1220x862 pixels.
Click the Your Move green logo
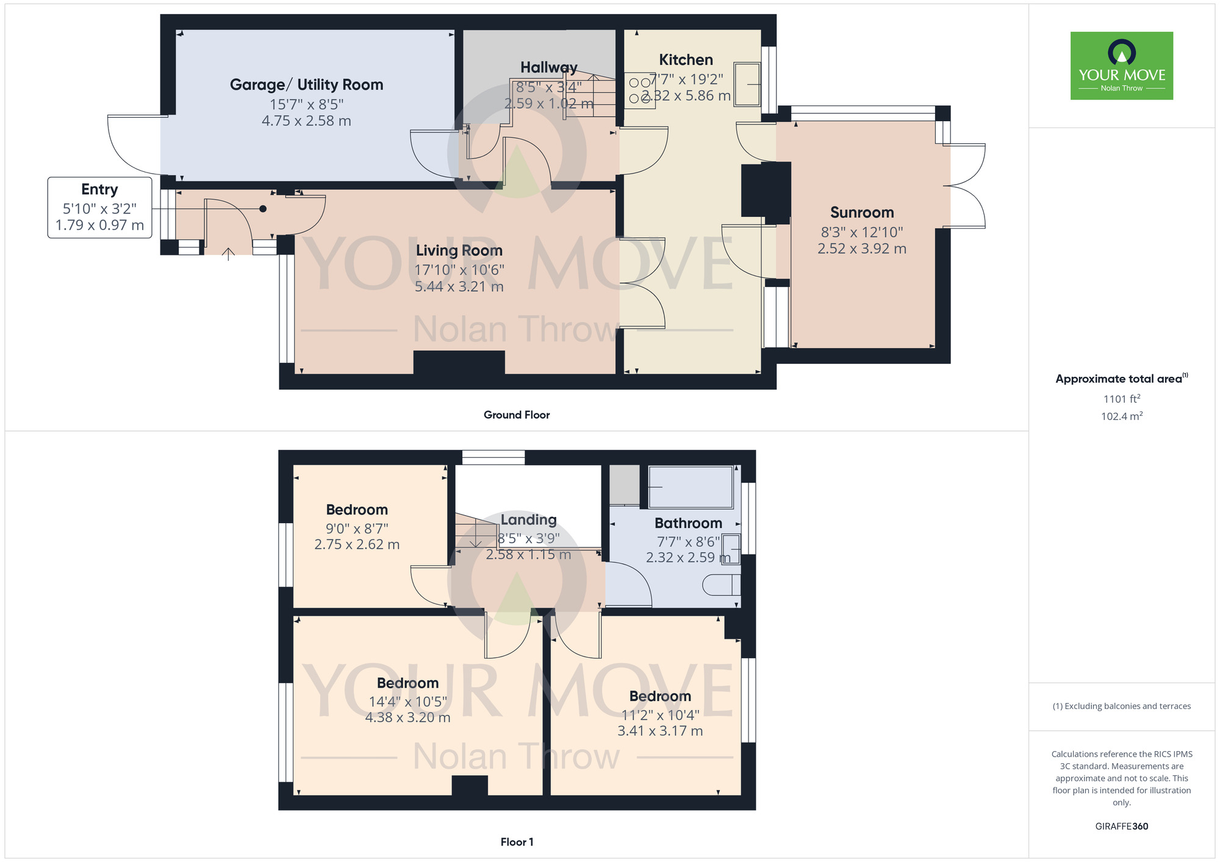(x=1121, y=66)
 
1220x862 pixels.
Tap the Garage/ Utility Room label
(x=306, y=85)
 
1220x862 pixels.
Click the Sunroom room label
(x=861, y=213)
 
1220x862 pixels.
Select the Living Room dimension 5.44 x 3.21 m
(x=459, y=287)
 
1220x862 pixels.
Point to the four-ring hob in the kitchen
(x=639, y=90)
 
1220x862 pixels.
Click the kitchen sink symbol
(x=747, y=84)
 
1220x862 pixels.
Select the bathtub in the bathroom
(x=691, y=487)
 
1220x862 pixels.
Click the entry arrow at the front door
(x=228, y=254)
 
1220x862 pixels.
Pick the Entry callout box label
(x=99, y=190)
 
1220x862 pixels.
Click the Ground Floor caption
(x=516, y=415)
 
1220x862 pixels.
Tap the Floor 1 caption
(x=516, y=842)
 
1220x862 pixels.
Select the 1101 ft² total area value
(x=1121, y=399)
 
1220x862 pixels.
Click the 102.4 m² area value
(x=1121, y=416)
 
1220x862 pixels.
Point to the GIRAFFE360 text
(x=1121, y=827)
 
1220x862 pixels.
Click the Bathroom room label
(x=688, y=523)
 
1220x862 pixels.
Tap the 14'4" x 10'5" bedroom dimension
(x=407, y=702)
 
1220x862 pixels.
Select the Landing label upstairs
(x=528, y=520)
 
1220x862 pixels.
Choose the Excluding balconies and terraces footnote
(x=1121, y=706)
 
